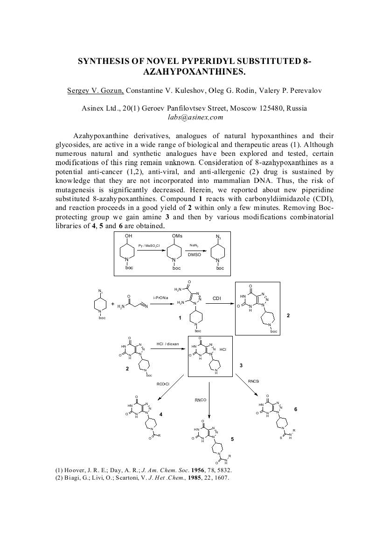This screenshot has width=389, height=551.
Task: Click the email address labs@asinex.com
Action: (194, 117)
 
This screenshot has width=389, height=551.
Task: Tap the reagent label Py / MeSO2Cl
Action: (149, 245)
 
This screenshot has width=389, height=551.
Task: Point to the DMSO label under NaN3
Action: (194, 255)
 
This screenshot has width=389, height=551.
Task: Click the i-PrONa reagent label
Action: (160, 297)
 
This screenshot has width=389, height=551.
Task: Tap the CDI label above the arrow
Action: (217, 298)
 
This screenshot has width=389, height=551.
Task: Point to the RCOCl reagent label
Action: (163, 384)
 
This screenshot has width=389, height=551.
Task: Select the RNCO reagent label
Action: (201, 400)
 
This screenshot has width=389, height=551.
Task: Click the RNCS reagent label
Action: (253, 382)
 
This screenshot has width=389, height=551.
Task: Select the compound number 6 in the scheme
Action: (295, 409)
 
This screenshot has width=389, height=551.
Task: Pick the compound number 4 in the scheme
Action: (160, 414)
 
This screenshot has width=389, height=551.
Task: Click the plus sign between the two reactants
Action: (113, 304)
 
